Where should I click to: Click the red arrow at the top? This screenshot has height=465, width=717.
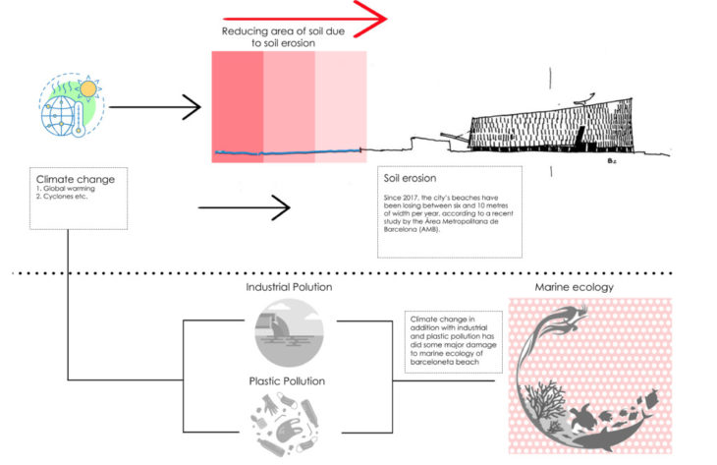tap(304, 17)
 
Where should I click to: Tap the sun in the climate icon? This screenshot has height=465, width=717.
tap(89, 88)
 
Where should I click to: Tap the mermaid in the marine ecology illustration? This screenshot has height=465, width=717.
tap(569, 324)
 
